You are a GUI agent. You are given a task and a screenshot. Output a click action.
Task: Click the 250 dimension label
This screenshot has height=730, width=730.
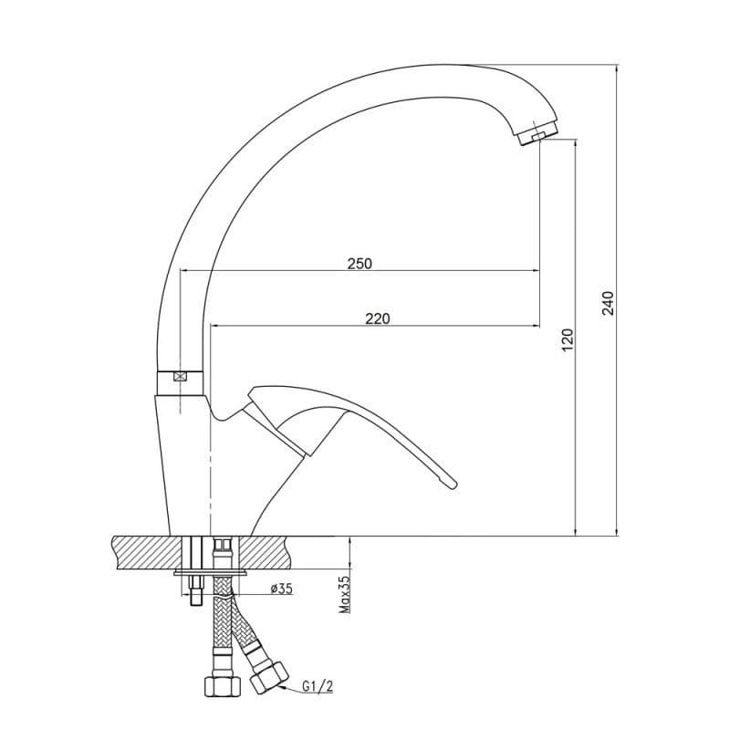[360, 264]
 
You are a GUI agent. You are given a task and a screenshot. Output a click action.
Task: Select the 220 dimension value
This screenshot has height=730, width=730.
[378, 318]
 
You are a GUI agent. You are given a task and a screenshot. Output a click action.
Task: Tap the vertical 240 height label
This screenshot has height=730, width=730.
[609, 303]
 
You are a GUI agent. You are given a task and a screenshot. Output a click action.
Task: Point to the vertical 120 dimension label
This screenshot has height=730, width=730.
[568, 339]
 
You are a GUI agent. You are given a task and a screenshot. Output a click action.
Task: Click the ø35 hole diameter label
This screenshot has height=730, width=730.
[281, 589]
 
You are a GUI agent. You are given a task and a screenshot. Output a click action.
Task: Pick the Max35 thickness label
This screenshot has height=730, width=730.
[345, 595]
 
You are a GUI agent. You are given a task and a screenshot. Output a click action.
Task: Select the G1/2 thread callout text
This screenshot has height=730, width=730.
[318, 686]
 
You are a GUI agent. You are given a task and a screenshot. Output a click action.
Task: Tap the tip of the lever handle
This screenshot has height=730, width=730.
[454, 485]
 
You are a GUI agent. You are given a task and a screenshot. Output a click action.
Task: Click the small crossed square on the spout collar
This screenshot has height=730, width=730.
[180, 377]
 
